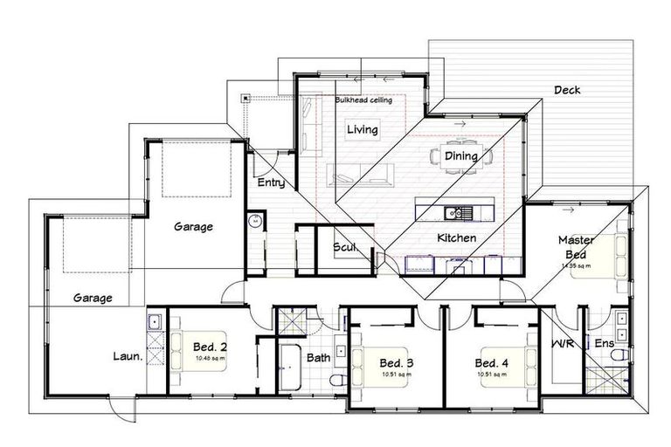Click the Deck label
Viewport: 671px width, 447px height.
[x=567, y=90]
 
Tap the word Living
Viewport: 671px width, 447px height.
[x=362, y=130]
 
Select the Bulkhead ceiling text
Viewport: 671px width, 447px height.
[x=363, y=100]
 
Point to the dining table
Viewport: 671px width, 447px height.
[x=460, y=157]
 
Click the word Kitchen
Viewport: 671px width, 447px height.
[x=456, y=237]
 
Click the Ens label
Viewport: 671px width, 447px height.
[x=602, y=343]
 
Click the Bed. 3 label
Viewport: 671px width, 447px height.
[x=396, y=363]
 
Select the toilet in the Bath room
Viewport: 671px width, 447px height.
[x=338, y=380]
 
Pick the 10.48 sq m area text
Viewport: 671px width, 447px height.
[x=210, y=358]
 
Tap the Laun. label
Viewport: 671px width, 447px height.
[x=127, y=356]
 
